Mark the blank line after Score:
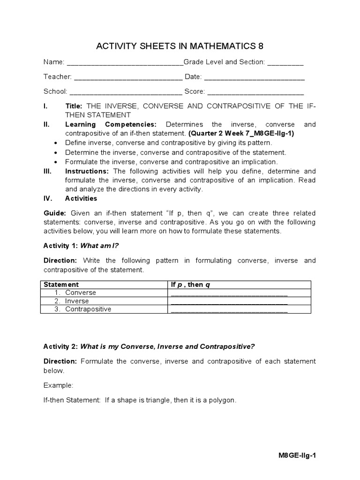[255, 92]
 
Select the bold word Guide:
[54, 213]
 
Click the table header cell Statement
[61, 285]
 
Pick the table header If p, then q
[190, 285]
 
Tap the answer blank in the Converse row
[229, 293]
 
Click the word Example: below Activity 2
[59, 385]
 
